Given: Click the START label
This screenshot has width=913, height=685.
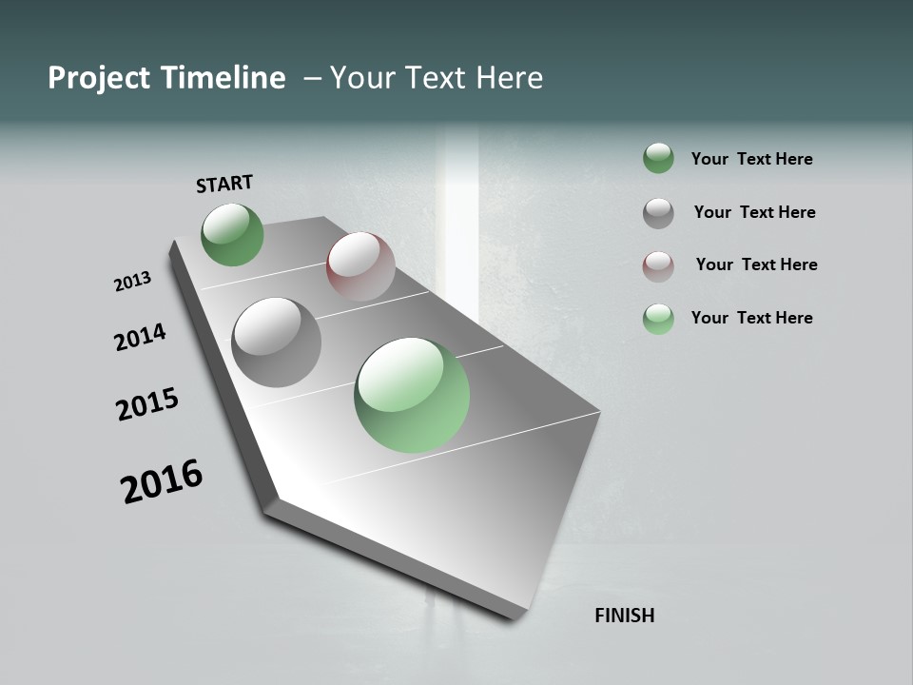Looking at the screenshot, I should (x=224, y=184).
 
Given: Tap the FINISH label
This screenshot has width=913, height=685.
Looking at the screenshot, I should (x=625, y=616).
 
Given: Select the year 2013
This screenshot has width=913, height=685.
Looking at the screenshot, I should (x=133, y=282).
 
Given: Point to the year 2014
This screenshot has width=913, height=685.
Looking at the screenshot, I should (x=141, y=338).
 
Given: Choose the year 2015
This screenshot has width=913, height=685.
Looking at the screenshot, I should (x=147, y=404).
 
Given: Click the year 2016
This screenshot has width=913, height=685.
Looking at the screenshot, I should (x=162, y=481).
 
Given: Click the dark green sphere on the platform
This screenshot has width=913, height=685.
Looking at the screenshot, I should (x=233, y=235).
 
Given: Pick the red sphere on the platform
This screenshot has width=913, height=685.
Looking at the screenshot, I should (x=361, y=266).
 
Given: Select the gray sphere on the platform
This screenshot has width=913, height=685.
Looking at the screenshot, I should (x=277, y=342).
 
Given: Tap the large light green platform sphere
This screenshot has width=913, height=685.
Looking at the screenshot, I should (x=412, y=395).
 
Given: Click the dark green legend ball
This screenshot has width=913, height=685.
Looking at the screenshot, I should (x=658, y=158).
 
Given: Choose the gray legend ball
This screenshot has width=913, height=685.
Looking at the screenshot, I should (x=658, y=213).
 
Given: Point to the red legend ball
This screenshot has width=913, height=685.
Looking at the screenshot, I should (x=658, y=266).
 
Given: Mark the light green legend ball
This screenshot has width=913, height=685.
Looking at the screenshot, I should (x=658, y=319).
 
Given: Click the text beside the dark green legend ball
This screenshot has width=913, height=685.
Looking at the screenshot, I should (x=752, y=159).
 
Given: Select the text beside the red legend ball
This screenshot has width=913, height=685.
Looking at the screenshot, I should (x=756, y=264).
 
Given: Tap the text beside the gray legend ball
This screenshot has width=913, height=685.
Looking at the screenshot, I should (x=755, y=212).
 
